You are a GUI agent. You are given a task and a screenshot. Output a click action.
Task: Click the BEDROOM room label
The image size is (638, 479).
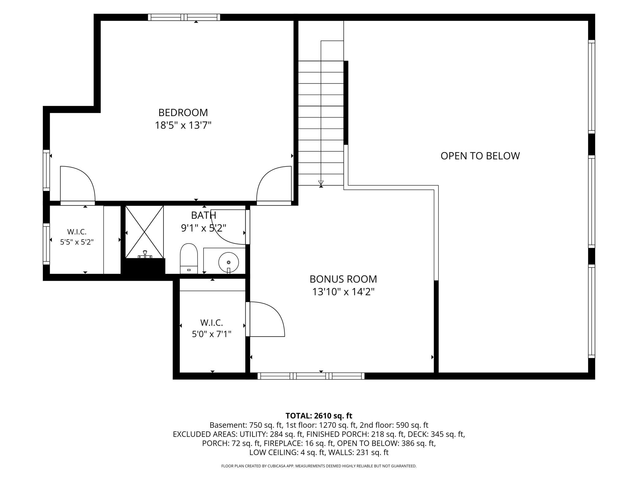(183, 113)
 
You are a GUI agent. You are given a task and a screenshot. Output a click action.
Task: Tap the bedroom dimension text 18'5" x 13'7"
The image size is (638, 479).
(183, 126)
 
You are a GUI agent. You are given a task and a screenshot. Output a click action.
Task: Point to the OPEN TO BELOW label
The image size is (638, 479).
(480, 156)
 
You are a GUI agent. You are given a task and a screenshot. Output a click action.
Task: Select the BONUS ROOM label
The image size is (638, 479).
(343, 279)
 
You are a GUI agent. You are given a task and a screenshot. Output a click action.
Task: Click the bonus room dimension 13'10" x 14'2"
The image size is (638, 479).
(343, 292)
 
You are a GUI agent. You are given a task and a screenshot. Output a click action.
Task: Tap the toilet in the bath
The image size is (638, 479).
(189, 258)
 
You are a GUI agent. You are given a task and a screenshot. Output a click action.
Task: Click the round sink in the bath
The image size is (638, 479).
(229, 263)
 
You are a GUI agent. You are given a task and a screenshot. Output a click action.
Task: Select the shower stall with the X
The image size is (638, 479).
(144, 232)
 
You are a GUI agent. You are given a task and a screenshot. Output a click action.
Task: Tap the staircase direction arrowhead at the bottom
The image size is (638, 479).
(321, 183)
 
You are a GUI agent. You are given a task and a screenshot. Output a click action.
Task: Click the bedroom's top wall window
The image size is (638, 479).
(184, 17)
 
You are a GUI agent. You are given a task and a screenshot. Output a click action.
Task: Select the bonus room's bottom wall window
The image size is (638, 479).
(311, 376)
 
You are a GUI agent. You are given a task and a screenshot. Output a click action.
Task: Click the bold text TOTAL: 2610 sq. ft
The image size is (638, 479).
(319, 416)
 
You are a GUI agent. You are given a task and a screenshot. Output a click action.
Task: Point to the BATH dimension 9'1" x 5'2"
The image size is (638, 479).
(204, 228)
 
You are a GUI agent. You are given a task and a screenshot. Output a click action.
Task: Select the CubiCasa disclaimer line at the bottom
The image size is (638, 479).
(319, 466)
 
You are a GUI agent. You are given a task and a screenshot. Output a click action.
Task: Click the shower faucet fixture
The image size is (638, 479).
(145, 255)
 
